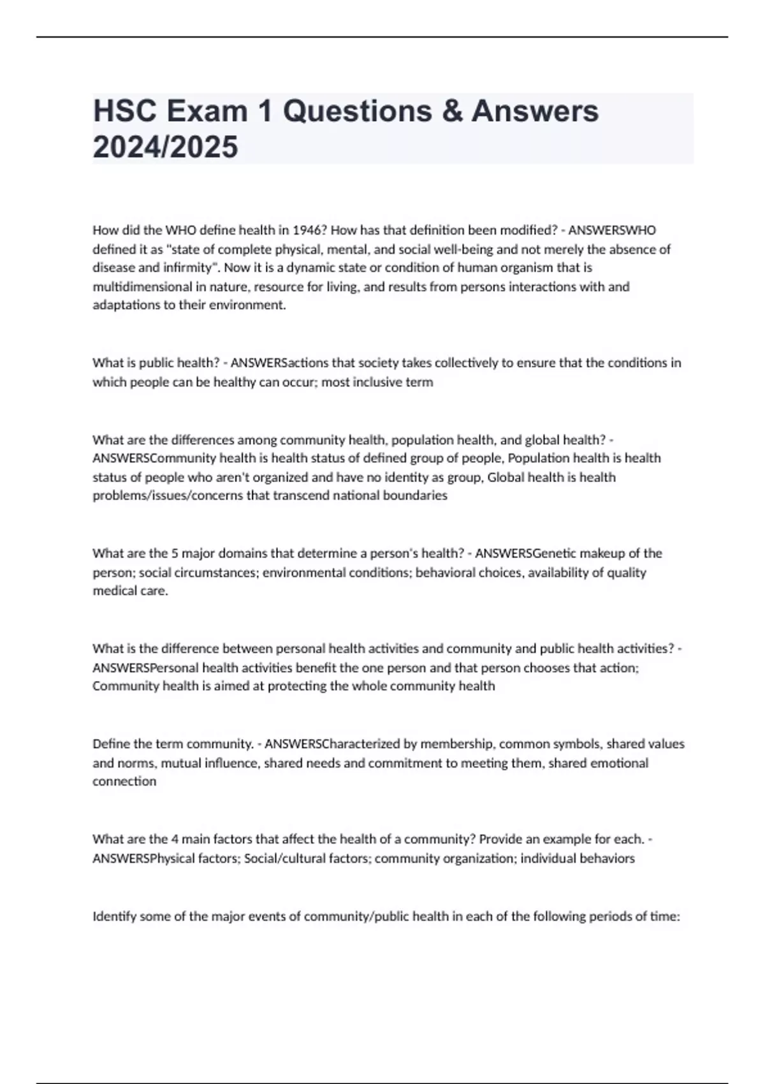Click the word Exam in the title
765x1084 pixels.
(207, 112)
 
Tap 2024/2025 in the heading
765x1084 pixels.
(165, 147)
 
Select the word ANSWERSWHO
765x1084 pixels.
(612, 230)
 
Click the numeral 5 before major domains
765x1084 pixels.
(175, 553)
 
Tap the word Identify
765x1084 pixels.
(114, 916)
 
